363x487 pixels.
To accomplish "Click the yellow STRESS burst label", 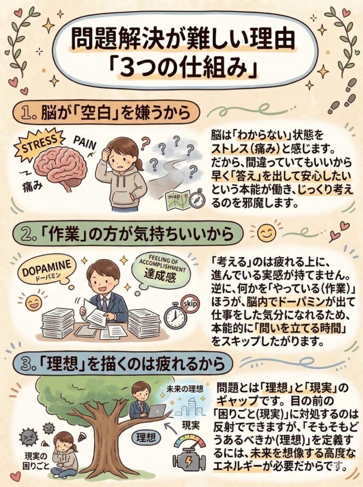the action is click(x=39, y=145).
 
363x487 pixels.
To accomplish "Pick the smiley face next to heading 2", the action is click(x=266, y=233).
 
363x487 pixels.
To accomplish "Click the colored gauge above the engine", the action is click(x=190, y=441).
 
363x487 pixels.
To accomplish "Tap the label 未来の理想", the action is click(x=185, y=389).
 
